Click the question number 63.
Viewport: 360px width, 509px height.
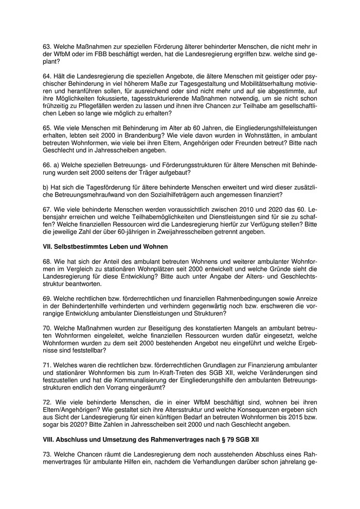46,46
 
